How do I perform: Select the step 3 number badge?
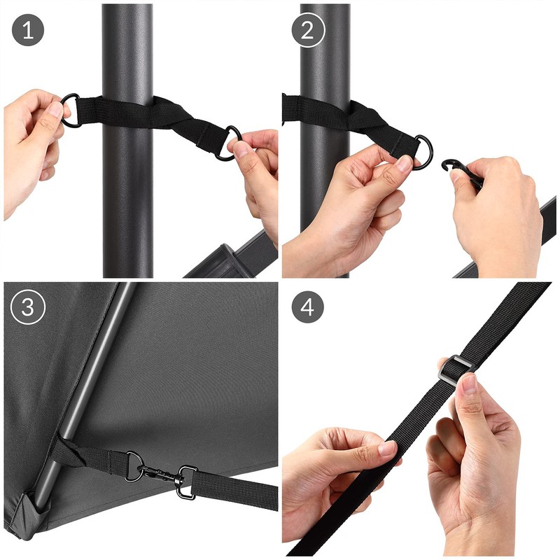[x=28, y=308]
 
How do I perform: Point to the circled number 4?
[x=308, y=308]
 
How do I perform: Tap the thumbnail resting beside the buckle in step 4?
[x=468, y=384]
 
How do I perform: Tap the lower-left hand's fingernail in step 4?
[x=386, y=449]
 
